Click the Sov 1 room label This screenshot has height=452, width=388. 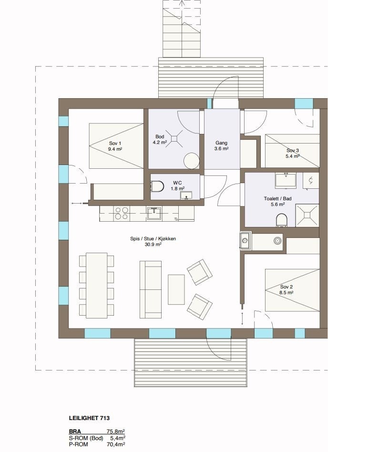tap(115, 146)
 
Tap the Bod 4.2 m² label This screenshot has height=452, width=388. tap(160, 139)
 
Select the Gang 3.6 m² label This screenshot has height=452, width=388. tap(221, 145)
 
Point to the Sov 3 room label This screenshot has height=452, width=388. tap(293, 153)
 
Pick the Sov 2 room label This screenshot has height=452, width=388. tap(286, 289)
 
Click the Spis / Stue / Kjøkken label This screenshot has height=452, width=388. tap(146, 241)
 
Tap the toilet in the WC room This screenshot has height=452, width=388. tap(159, 185)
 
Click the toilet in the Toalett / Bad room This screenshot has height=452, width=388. tap(282, 220)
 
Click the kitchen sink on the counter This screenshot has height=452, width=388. tap(154, 213)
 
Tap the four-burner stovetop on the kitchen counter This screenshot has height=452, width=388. tap(122, 213)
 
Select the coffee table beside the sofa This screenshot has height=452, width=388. tap(176, 289)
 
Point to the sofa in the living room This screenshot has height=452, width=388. tap(151, 289)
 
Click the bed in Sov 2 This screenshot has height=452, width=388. tap(292, 290)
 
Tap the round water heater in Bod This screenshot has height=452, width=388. tap(192, 160)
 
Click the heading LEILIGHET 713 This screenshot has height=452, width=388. tap(89, 418)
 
